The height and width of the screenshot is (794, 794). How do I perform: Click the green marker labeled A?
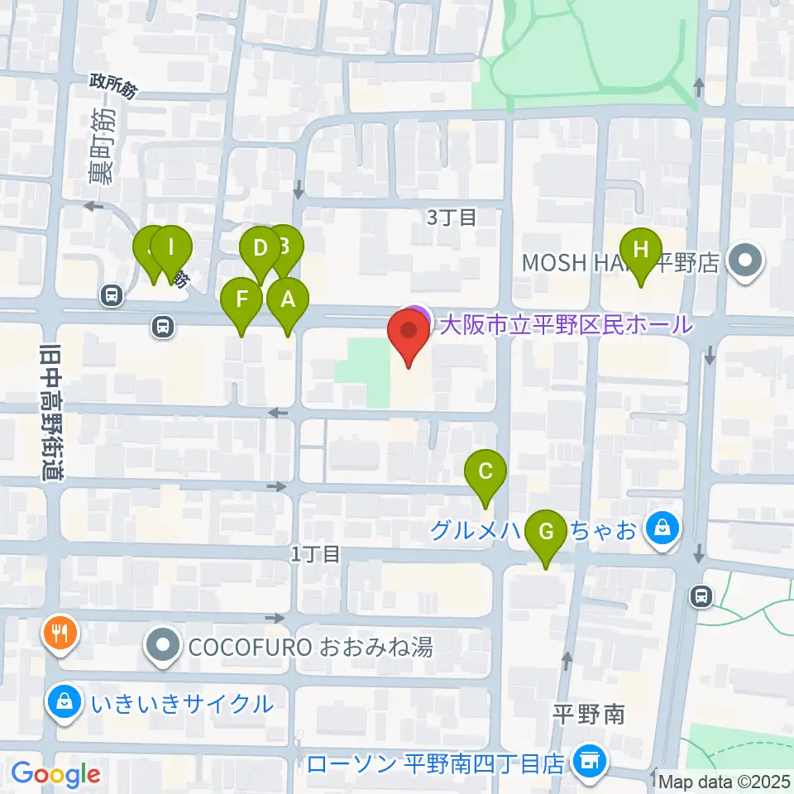(288, 299)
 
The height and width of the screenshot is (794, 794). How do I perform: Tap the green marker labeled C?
(485, 472)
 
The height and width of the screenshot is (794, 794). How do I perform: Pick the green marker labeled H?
(641, 249)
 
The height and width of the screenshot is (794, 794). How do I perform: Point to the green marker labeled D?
(260, 248)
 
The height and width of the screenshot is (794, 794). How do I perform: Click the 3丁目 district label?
(452, 218)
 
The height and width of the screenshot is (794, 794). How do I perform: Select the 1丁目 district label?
(315, 554)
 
